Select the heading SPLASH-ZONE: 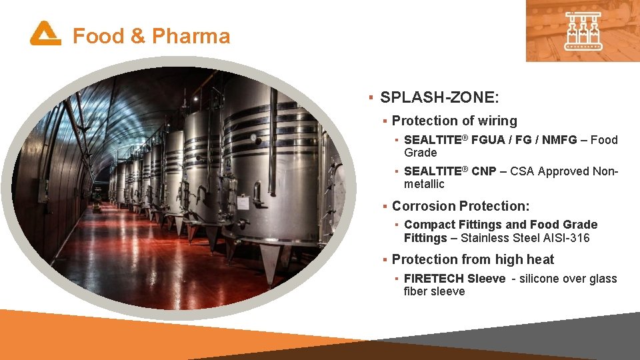439,97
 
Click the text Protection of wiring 454,121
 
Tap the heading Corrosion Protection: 461,206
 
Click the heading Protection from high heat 473,259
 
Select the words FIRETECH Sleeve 454,279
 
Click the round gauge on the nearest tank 253,138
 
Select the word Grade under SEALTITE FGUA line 420,153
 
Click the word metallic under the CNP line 424,184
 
